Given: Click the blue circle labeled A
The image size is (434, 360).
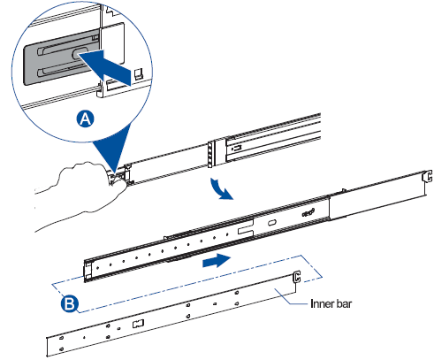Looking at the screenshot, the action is (86, 119).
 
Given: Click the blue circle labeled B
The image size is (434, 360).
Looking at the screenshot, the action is (70, 303).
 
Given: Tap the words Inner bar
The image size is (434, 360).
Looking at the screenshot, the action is (331, 303).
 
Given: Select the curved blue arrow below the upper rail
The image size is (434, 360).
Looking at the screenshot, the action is (221, 189).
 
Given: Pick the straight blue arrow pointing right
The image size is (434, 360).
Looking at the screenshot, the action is (217, 260).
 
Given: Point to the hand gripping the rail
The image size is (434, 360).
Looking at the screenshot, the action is (81, 192).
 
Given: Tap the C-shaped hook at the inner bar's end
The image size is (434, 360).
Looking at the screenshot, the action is (296, 277).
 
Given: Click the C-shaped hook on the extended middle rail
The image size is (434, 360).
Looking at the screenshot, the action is (427, 176).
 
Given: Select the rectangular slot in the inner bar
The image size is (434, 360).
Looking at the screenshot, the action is (138, 324).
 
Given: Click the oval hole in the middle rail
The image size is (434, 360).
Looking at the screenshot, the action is (272, 223).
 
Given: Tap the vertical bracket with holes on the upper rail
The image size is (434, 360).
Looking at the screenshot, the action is (210, 154).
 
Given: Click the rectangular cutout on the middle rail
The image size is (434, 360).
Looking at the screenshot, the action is (246, 228).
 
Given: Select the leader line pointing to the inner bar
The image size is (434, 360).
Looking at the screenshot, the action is (292, 297).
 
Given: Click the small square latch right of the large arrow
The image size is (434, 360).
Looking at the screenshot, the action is (138, 73).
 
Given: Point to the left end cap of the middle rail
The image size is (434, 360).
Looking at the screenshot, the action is (88, 271).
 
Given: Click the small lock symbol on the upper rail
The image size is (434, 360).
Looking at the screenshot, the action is (237, 147).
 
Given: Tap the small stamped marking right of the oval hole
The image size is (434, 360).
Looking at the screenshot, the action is (308, 212).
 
